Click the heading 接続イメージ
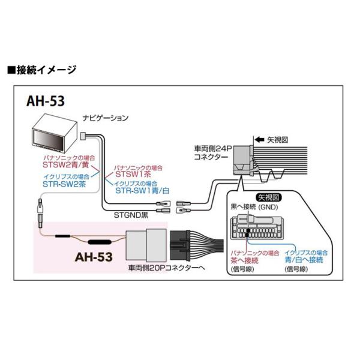46,70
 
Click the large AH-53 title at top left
46,101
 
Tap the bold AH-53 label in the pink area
94,257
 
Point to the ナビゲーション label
106,118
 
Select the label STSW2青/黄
65,165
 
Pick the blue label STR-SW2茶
64,184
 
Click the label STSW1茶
133,174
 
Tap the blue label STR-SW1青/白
142,191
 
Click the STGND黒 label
131,215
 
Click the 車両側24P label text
213,149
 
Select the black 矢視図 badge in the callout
269,197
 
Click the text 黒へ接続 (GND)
254,207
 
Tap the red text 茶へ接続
245,260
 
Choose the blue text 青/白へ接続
304,260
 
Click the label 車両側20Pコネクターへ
167,268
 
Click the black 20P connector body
180,245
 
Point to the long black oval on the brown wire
100,242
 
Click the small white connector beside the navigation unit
83,136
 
